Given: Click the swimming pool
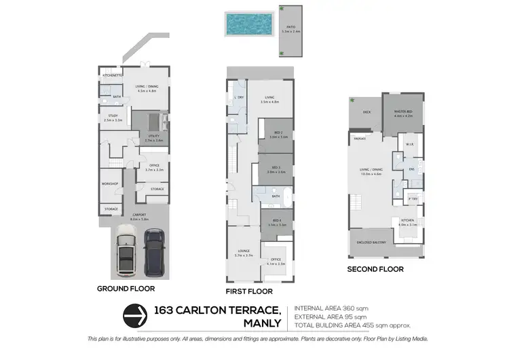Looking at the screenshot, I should tap(248, 26).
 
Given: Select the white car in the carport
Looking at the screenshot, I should tap(126, 252).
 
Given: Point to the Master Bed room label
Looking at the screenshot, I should tap(403, 113).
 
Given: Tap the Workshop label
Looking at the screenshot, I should tap(110, 184).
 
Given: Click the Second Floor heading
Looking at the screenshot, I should tap(375, 269).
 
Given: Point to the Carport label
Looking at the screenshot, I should tap(139, 216).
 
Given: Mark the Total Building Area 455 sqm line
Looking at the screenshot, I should tap(353, 325).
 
